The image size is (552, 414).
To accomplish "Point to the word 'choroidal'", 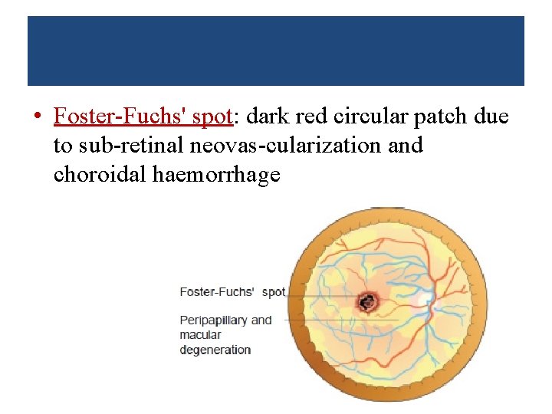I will (100, 175).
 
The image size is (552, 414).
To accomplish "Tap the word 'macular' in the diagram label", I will (200, 334).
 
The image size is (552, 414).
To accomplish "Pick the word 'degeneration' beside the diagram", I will (215, 350).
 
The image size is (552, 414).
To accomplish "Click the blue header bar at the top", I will (276, 51).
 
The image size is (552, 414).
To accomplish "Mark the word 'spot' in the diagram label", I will (273, 291).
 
